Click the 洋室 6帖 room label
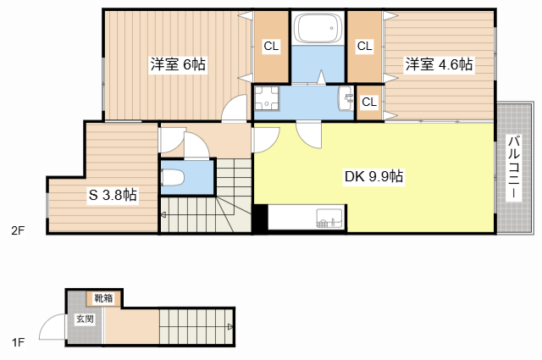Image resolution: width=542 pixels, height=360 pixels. pyautogui.click(x=178, y=65)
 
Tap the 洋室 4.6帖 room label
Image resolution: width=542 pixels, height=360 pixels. pyautogui.click(x=438, y=65)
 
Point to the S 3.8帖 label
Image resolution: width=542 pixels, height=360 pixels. pyautogui.click(x=113, y=195)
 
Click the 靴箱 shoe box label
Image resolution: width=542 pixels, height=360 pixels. pyautogui.click(x=103, y=299)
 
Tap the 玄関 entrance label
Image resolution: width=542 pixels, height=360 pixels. pyautogui.click(x=85, y=319)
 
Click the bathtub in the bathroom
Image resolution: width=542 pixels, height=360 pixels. pyautogui.click(x=318, y=31)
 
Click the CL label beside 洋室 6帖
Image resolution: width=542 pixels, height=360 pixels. pyautogui.click(x=272, y=47)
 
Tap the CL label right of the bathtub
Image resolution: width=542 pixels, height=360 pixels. pyautogui.click(x=364, y=47)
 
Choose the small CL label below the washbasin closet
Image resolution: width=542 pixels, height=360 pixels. pyautogui.click(x=368, y=102)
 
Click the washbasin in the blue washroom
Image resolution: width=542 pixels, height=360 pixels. pyautogui.click(x=346, y=99)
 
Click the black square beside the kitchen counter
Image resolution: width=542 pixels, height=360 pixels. pyautogui.click(x=261, y=218)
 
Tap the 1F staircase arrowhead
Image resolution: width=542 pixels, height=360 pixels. pyautogui.click(x=230, y=326)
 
